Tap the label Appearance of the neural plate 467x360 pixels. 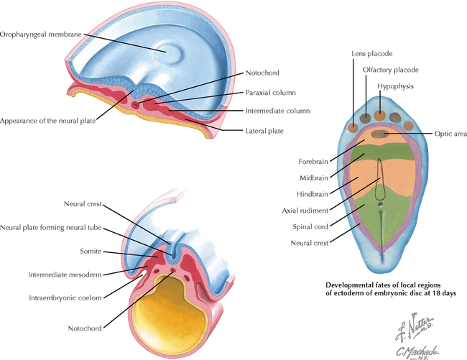[50, 120]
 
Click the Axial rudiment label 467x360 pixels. [305, 211]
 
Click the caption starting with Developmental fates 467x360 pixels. [387, 288]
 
